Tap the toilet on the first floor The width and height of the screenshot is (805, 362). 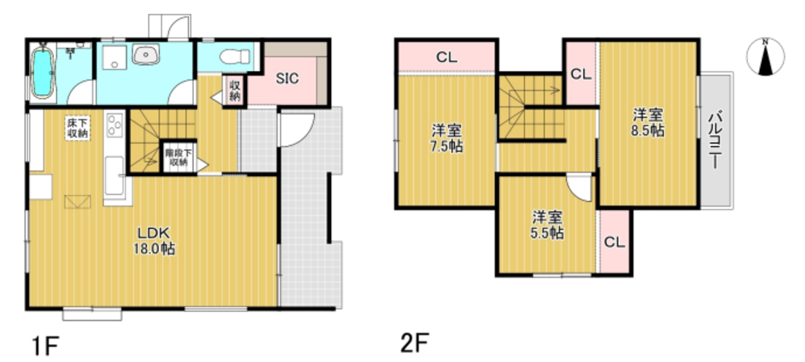[234, 57]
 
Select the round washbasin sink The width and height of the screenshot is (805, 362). [146, 54]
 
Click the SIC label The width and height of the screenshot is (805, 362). [287, 79]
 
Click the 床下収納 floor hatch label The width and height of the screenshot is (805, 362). [78, 128]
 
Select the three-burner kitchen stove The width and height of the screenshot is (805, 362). [114, 125]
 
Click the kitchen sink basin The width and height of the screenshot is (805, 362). [114, 175]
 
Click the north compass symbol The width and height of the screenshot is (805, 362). [765, 57]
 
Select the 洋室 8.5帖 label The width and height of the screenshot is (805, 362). [647, 123]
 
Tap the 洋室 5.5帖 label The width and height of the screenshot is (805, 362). [547, 225]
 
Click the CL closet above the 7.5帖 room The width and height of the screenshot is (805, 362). [447, 57]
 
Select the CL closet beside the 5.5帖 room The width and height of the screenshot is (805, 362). [614, 242]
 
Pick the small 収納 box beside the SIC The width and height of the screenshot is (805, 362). [235, 90]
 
